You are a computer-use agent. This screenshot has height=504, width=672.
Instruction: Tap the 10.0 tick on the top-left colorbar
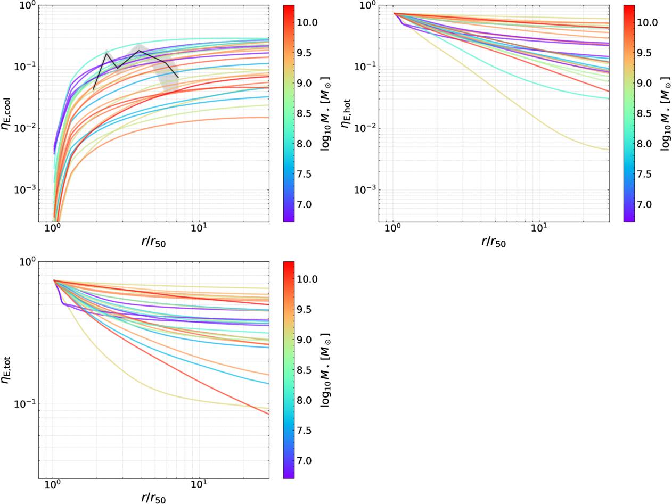coord(307,22)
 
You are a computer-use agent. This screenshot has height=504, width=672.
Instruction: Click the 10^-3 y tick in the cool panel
coord(23,189)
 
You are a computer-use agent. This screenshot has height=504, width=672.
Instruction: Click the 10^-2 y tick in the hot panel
coord(364,128)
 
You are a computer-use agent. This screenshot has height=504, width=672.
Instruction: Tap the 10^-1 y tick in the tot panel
coord(23,403)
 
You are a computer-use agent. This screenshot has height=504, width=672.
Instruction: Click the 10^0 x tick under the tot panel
coord(53,485)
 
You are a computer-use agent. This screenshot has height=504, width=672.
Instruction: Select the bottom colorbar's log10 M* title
coord(325,370)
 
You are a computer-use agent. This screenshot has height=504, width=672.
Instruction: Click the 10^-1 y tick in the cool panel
coord(23,67)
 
